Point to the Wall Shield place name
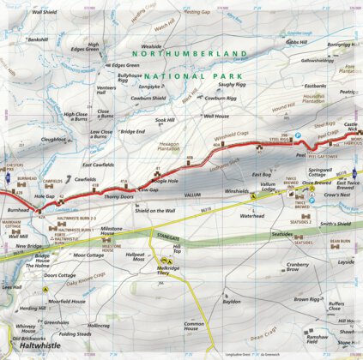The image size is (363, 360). pyautogui.click(x=44, y=13)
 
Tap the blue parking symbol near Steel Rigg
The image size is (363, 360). pyautogui.click(x=298, y=135)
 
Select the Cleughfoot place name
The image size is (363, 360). pyautogui.click(x=53, y=138)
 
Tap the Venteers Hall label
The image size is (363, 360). pyautogui.click(x=107, y=92)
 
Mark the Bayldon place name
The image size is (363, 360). pyautogui.click(x=231, y=302)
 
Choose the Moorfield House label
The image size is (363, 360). pyautogui.click(x=66, y=302)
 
